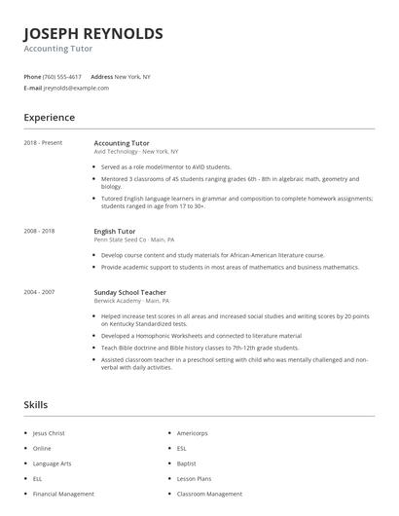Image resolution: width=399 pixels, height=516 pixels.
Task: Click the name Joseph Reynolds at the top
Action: tap(93, 34)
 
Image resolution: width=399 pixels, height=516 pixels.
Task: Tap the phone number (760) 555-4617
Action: tap(62, 76)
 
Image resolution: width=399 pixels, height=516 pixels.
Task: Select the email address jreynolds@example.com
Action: tap(76, 88)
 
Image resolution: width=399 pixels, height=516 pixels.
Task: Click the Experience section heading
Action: tap(49, 118)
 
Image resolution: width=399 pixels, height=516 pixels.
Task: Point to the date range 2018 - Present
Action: tap(43, 142)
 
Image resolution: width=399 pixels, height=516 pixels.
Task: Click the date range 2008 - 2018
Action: tap(40, 231)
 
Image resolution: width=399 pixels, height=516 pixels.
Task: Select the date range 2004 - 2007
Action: tap(40, 292)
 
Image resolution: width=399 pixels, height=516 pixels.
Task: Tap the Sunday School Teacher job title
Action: tap(129, 292)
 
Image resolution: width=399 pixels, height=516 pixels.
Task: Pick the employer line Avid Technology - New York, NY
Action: tap(135, 151)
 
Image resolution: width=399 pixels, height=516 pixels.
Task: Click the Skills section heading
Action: tap(36, 404)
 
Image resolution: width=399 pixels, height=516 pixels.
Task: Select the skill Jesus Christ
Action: tap(48, 432)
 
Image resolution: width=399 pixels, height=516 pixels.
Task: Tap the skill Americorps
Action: tap(193, 432)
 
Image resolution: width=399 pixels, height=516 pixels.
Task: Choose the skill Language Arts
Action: tap(51, 463)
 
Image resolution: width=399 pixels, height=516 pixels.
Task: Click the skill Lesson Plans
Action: tap(195, 479)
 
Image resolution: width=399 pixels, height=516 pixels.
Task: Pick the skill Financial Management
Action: tap(63, 495)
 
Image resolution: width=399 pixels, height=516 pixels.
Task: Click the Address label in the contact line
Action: tap(101, 76)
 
